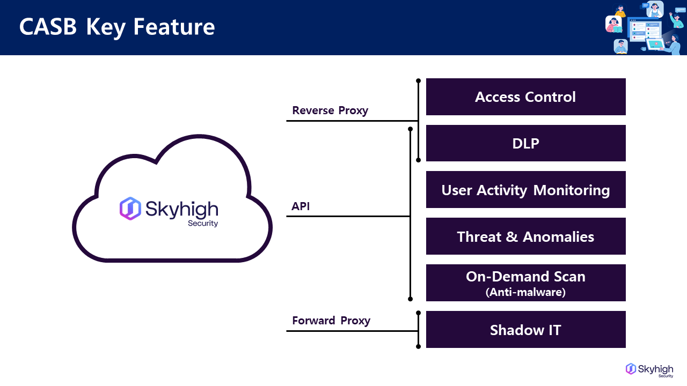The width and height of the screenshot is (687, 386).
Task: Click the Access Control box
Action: point(525,97)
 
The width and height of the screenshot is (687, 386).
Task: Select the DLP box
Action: point(525,143)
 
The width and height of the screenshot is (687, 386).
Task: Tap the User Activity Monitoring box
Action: point(525,190)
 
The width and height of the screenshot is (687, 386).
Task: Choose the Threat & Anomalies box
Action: point(525,236)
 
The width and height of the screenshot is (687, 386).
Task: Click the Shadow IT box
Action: point(525,330)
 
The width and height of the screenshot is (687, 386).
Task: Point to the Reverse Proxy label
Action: point(330,110)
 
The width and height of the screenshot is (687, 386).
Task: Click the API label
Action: point(301,206)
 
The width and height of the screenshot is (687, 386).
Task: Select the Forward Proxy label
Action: point(331,321)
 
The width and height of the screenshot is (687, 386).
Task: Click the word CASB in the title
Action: point(48,27)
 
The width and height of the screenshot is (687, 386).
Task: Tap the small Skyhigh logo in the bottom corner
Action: point(649,369)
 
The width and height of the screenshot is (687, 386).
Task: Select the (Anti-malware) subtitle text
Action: point(525,292)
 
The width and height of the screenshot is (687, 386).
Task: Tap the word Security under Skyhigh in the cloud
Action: point(203,223)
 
